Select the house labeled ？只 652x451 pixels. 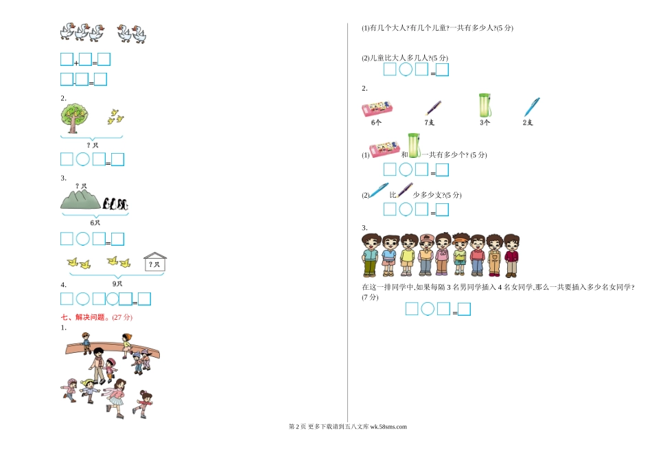click(x=155, y=262)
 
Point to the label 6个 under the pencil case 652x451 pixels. click(x=376, y=122)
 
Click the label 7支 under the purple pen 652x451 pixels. click(x=429, y=122)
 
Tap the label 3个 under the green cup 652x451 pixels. click(x=485, y=122)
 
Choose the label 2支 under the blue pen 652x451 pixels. click(x=528, y=122)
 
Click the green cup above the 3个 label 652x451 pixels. click(x=485, y=105)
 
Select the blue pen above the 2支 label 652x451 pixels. click(x=532, y=107)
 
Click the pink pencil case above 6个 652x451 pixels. click(x=377, y=109)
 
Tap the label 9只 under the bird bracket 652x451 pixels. click(x=117, y=284)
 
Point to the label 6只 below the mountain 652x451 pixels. click(x=95, y=222)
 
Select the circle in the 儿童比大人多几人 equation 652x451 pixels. click(x=406, y=69)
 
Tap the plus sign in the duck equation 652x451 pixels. click(x=76, y=63)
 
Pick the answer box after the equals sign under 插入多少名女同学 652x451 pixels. click(x=464, y=309)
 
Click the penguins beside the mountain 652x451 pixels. click(x=115, y=203)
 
